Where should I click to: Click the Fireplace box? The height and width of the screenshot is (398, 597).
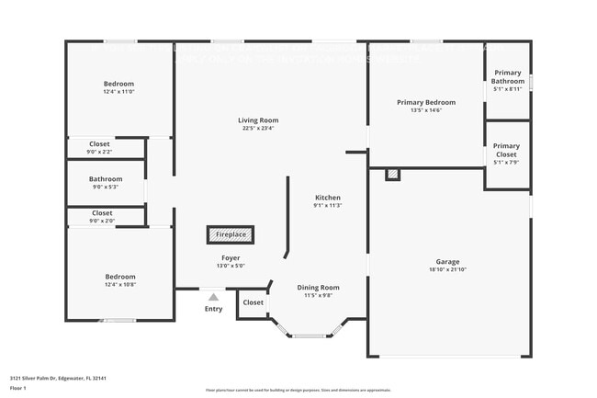click(231, 235)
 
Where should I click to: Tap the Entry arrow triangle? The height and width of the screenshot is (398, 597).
click(213, 297)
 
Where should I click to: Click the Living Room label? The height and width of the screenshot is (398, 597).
click(258, 120)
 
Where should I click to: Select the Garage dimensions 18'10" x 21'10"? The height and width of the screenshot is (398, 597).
click(448, 269)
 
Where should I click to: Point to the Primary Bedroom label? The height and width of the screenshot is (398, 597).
click(425, 102)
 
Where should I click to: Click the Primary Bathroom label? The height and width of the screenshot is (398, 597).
click(507, 77)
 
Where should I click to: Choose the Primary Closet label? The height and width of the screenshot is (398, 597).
click(506, 150)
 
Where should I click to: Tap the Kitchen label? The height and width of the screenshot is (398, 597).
click(328, 198)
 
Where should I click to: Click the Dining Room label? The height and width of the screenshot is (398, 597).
click(318, 288)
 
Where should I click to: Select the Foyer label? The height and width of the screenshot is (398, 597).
click(231, 258)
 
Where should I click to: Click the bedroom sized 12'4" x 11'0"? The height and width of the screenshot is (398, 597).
click(118, 88)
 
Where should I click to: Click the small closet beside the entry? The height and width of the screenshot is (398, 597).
click(253, 302)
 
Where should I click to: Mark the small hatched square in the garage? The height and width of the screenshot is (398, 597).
click(392, 173)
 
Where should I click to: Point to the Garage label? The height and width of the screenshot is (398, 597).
click(448, 262)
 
